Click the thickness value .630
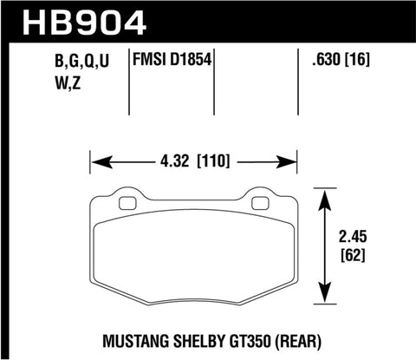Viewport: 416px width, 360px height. tap(327, 61)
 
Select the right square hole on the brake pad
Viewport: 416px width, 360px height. tap(259, 205)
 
